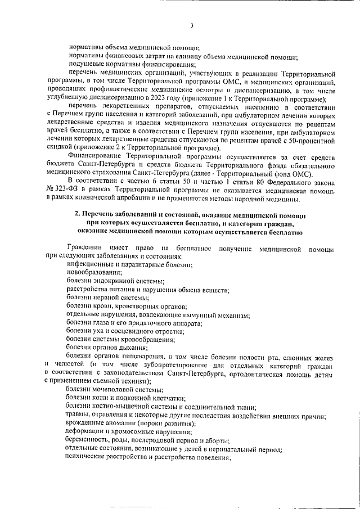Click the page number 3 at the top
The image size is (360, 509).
191,25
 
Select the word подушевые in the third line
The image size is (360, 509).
85,64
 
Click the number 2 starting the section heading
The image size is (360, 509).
78,216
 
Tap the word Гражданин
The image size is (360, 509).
84,248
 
